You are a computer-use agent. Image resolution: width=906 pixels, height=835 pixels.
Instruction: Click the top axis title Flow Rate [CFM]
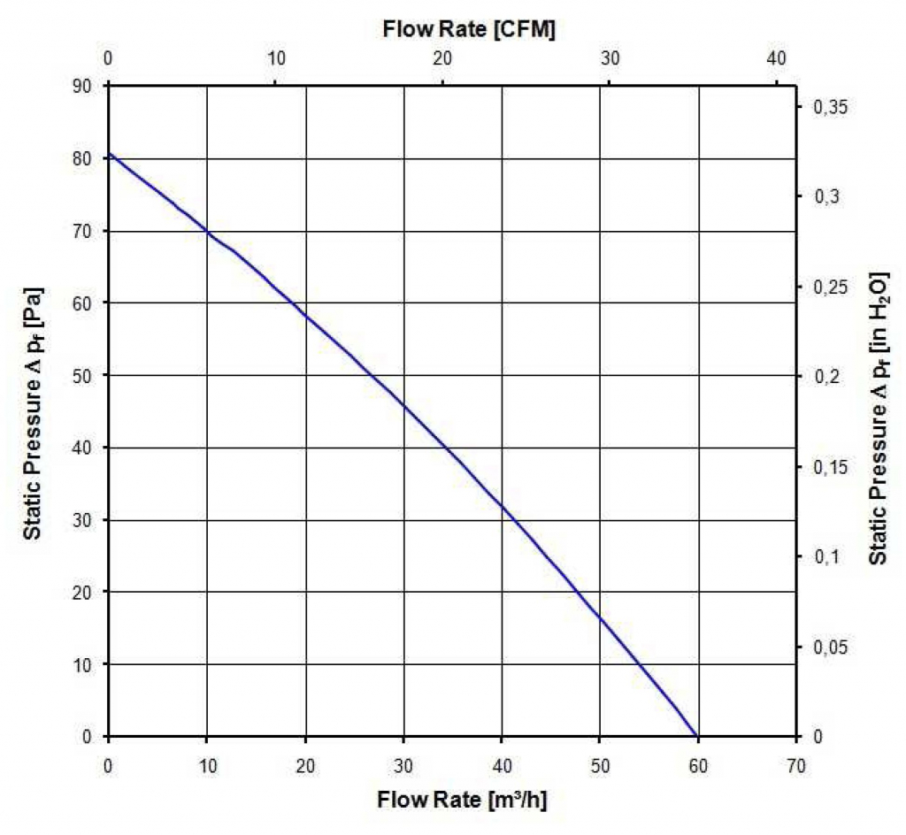(x=469, y=29)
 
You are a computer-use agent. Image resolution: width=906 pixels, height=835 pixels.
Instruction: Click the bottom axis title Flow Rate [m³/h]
(x=463, y=801)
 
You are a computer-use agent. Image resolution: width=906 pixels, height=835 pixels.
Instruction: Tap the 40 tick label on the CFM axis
(x=776, y=58)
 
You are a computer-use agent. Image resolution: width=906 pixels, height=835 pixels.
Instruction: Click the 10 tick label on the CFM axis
(x=275, y=58)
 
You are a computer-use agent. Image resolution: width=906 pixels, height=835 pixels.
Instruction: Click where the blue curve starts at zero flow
(x=109, y=155)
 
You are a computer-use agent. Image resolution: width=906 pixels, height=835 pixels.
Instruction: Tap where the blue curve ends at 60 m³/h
(x=697, y=736)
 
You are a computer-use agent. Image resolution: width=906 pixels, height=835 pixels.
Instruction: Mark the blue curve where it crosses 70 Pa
(x=208, y=231)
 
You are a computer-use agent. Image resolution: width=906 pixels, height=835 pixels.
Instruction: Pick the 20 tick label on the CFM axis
(x=442, y=58)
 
